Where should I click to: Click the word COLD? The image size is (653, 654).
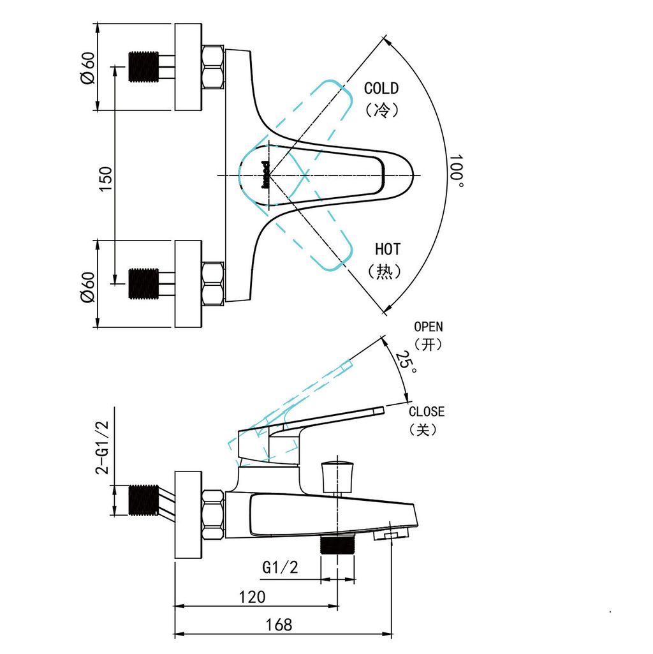pyautogui.click(x=381, y=89)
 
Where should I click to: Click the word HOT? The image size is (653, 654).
pyautogui.click(x=387, y=249)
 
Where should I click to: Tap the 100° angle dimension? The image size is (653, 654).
pyautogui.click(x=456, y=171)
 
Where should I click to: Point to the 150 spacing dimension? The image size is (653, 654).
pyautogui.click(x=106, y=179)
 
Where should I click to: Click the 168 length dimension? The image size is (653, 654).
pyautogui.click(x=279, y=625)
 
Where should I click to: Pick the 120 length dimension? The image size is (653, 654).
pyautogui.click(x=252, y=597)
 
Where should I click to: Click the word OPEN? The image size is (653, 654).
pyautogui.click(x=429, y=327)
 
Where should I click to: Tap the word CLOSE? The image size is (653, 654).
pyautogui.click(x=426, y=412)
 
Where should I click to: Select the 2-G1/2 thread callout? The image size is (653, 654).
pyautogui.click(x=103, y=447)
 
